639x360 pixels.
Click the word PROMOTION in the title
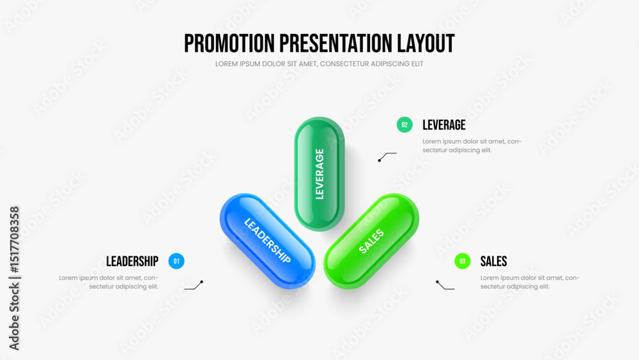pyautogui.click(x=229, y=43)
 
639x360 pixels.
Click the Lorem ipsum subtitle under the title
pyautogui.click(x=319, y=64)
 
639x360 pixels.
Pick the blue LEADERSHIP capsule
pyautogui.click(x=267, y=241)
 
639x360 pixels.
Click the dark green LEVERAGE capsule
pyautogui.click(x=319, y=174)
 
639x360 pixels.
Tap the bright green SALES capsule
pyautogui.click(x=371, y=241)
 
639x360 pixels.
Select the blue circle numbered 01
pyautogui.click(x=176, y=261)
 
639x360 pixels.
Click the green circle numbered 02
pyautogui.click(x=404, y=125)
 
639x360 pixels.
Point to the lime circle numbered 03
pyautogui.click(x=463, y=261)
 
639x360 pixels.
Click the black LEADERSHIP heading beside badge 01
pyautogui.click(x=132, y=262)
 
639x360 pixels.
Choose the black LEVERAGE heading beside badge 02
pyautogui.click(x=444, y=125)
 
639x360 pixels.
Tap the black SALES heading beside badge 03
pyautogui.click(x=493, y=262)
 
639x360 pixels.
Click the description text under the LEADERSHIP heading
pyautogui.click(x=109, y=282)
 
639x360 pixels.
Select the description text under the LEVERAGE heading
pyautogui.click(x=472, y=146)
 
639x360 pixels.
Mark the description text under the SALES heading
pyautogui.click(x=530, y=282)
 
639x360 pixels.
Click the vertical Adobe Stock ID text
pyautogui.click(x=14, y=278)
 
